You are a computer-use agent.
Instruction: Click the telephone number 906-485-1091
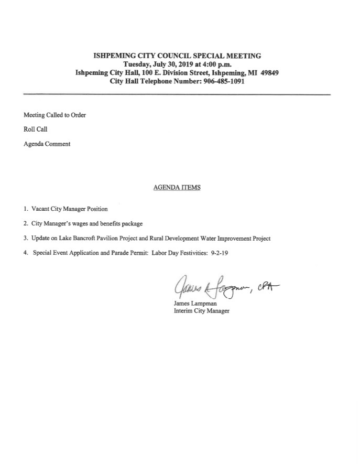(222, 82)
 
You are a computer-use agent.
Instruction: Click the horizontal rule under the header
(177, 94)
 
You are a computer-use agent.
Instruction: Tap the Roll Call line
(36, 130)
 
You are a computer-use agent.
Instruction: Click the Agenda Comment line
(47, 144)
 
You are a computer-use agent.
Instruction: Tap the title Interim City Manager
(201, 310)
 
